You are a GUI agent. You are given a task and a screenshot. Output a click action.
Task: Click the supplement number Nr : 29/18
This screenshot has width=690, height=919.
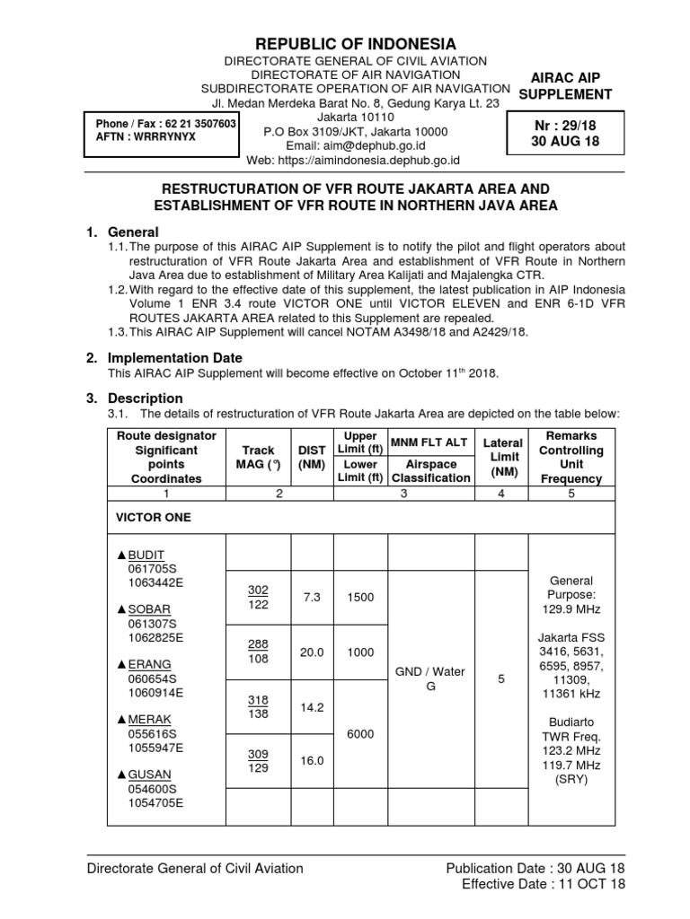(565, 127)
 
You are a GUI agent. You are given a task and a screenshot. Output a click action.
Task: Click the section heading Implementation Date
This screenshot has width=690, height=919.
(170, 357)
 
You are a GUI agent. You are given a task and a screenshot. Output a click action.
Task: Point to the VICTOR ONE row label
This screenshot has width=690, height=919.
(153, 518)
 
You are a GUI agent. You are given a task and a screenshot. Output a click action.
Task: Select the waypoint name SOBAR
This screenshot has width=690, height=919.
(152, 609)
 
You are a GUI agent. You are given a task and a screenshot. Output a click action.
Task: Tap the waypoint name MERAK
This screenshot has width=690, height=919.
(152, 720)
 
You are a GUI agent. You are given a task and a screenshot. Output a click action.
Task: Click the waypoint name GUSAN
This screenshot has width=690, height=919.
(152, 775)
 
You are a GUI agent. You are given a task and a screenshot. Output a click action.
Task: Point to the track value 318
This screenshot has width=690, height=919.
(258, 700)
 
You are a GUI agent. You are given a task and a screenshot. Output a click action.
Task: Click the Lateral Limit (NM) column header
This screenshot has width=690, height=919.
(502, 458)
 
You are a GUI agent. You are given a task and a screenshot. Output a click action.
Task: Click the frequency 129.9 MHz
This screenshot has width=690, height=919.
(571, 609)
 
